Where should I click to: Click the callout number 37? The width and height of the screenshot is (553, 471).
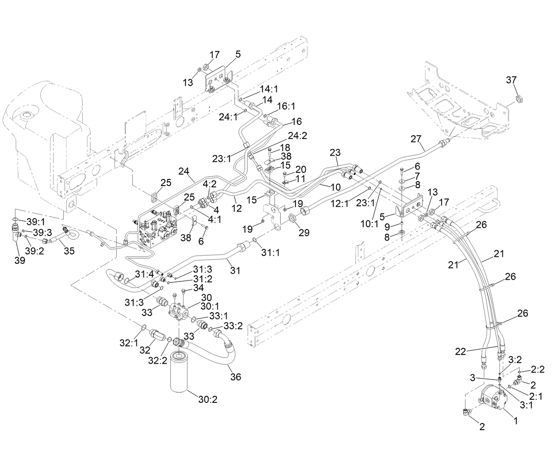511,80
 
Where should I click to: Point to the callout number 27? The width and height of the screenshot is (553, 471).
416,139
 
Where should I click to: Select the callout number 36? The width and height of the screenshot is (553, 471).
236,377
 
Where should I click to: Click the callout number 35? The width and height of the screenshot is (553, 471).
69,251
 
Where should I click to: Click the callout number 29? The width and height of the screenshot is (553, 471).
304,233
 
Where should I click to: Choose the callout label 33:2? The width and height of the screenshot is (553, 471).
233,325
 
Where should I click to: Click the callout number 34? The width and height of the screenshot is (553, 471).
198,288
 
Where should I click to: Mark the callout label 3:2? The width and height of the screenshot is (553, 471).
515,359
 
